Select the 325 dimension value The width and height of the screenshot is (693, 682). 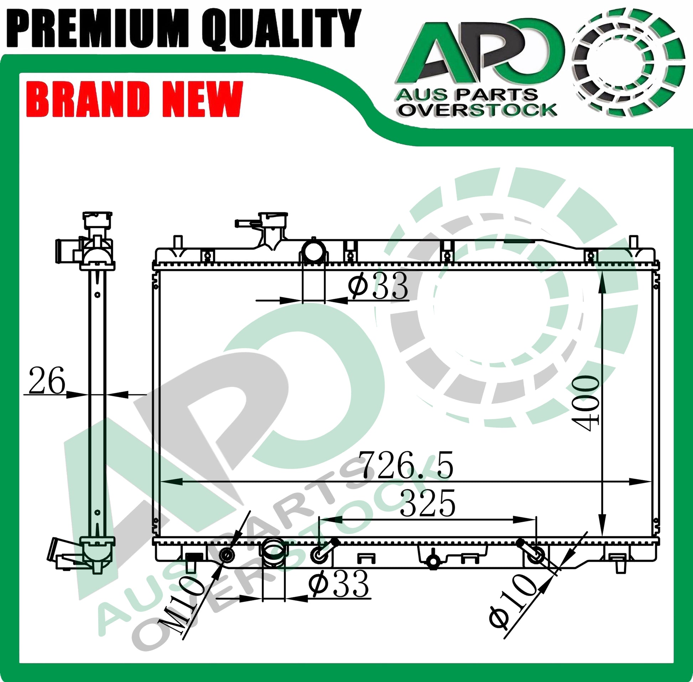click(x=427, y=504)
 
